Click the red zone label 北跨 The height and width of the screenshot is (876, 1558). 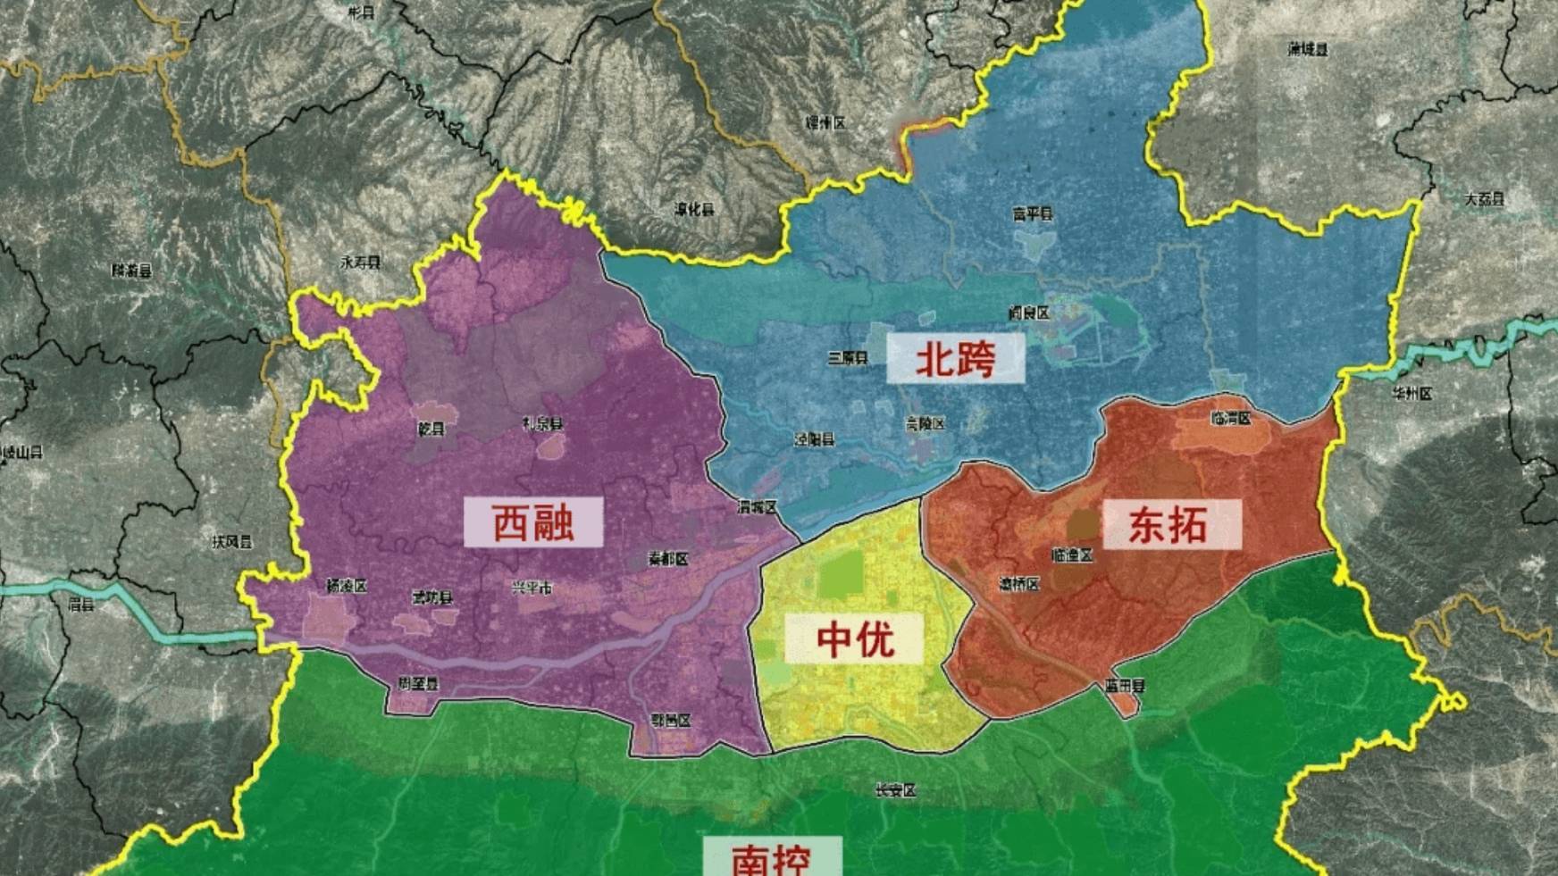tap(955, 360)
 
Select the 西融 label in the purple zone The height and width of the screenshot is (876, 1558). tap(533, 522)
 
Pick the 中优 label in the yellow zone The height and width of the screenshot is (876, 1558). tap(854, 638)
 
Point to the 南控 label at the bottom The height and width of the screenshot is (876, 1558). tap(772, 860)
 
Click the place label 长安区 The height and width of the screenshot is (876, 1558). tap(895, 790)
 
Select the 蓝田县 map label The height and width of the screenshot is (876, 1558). tap(1123, 687)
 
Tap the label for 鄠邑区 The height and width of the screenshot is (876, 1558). tap(671, 721)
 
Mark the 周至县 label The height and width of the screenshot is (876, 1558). tap(418, 684)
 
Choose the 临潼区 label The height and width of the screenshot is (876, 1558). tap(1073, 555)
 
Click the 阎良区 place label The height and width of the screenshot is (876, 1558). tap(1028, 313)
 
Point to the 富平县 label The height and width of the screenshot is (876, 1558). tap(1033, 214)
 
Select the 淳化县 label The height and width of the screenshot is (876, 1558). tap(694, 210)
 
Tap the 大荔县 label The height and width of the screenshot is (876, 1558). tap(1484, 200)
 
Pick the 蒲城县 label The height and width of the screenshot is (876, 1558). tap(1308, 50)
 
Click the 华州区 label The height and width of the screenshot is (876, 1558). tap(1411, 394)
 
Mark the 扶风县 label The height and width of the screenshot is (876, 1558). tap(231, 542)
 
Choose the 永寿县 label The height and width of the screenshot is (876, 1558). tap(360, 263)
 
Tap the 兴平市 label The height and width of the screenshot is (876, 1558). tap(532, 588)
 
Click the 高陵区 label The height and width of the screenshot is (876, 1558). tap(925, 424)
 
